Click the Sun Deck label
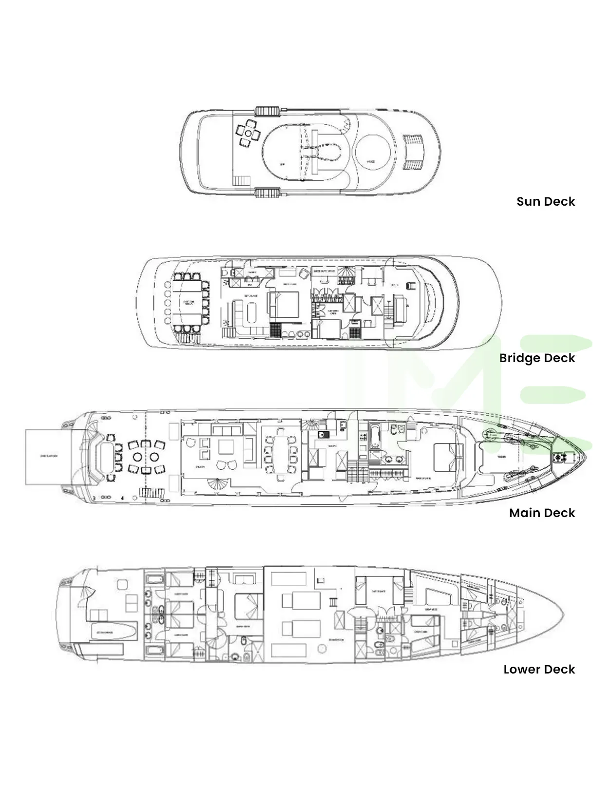tap(546, 201)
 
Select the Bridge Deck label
tap(537, 358)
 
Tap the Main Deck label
tap(542, 513)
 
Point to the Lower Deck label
tap(539, 669)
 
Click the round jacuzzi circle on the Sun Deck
tap(372, 152)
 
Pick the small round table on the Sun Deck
tap(248, 133)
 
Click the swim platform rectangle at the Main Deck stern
tap(48, 457)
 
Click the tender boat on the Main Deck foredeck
tap(502, 457)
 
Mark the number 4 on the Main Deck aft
tap(122, 498)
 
